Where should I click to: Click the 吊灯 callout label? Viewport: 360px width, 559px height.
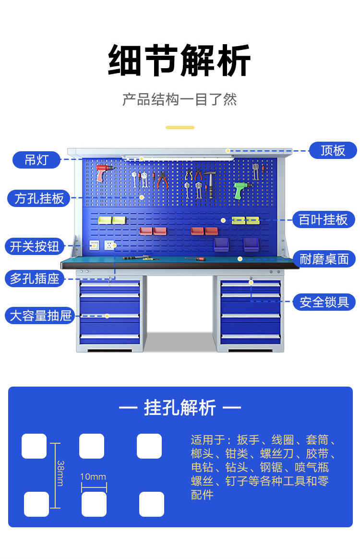click(x=36, y=159)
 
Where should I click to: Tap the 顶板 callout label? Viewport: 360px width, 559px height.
click(x=333, y=150)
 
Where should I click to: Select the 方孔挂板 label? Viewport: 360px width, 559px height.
click(x=39, y=198)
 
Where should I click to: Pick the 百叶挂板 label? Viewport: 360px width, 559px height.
click(x=324, y=219)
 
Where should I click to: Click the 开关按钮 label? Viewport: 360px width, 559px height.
click(x=35, y=246)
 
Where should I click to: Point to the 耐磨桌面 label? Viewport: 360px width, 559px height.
click(x=324, y=259)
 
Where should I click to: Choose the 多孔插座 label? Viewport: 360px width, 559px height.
click(x=35, y=278)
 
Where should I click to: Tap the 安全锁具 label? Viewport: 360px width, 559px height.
click(x=324, y=302)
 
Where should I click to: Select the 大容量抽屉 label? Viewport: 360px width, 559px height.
click(x=40, y=316)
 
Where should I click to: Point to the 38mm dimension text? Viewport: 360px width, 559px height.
click(x=60, y=473)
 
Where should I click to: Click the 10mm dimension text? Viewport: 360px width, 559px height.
click(x=93, y=477)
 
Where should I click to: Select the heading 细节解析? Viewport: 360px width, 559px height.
click(x=180, y=61)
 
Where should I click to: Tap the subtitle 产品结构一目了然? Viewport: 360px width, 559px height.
click(x=180, y=99)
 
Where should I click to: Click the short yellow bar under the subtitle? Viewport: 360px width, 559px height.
click(x=180, y=127)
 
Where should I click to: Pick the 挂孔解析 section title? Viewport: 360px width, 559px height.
click(x=180, y=408)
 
